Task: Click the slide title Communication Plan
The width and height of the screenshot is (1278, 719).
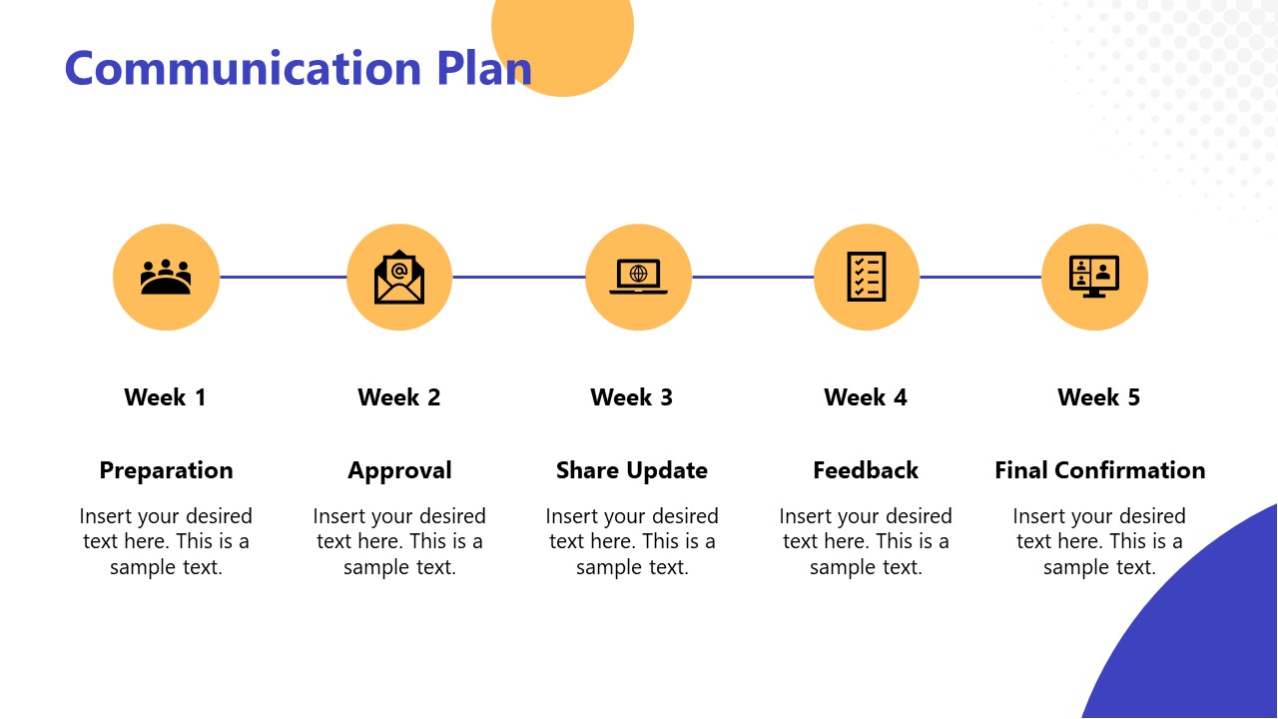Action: (x=298, y=68)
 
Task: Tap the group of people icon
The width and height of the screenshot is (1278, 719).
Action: (x=166, y=277)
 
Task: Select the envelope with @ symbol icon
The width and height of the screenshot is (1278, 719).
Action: (x=399, y=277)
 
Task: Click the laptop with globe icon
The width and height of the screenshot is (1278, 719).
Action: (x=638, y=277)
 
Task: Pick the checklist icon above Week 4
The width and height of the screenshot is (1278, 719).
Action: (x=866, y=277)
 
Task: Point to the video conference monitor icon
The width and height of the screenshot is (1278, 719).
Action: (x=1094, y=277)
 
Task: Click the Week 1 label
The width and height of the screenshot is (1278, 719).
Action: (x=165, y=397)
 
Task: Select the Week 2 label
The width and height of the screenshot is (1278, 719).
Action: (x=398, y=397)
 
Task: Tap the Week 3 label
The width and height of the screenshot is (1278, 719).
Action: (x=631, y=397)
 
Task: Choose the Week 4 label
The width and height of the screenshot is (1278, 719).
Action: (x=865, y=397)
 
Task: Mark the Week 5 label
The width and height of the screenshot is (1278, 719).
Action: (x=1098, y=397)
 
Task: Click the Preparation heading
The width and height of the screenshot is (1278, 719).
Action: (x=166, y=470)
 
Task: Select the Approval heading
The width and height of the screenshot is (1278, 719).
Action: (x=399, y=470)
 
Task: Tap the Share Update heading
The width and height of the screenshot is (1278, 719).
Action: (x=631, y=470)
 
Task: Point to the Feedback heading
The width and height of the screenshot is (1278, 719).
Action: (x=865, y=470)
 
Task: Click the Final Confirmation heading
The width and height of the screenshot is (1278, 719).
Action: (x=1099, y=470)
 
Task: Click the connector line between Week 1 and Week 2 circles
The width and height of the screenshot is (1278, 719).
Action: (x=283, y=277)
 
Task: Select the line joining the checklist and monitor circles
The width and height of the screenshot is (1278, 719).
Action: (x=979, y=277)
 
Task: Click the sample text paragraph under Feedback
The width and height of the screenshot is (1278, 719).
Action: (x=865, y=541)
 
